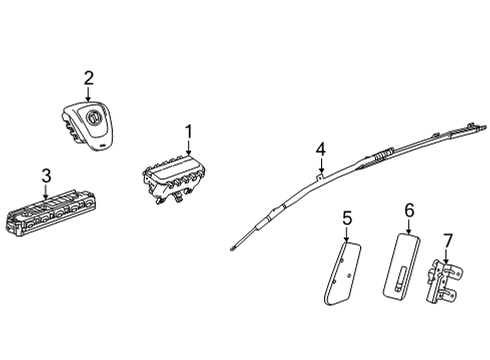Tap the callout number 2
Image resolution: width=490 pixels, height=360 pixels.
[89, 77]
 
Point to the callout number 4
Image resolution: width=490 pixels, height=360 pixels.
[320, 149]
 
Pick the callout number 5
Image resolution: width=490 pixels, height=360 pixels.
[348, 217]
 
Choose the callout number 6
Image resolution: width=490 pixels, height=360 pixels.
[409, 210]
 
